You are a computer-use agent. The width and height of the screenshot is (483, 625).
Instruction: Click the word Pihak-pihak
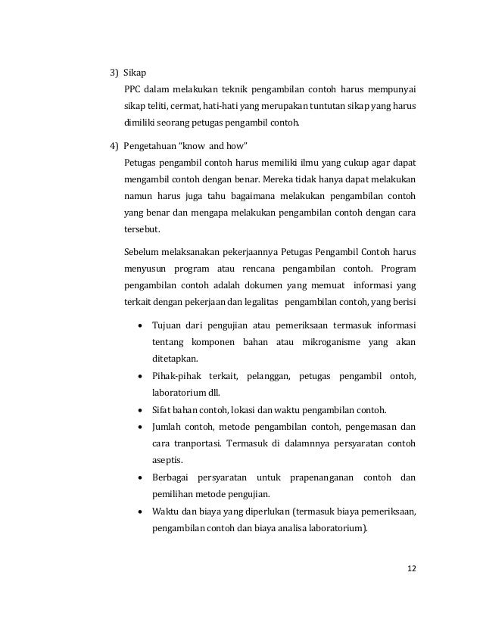point(179,376)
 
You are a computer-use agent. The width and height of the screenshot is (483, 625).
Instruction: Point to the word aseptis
point(167,459)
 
